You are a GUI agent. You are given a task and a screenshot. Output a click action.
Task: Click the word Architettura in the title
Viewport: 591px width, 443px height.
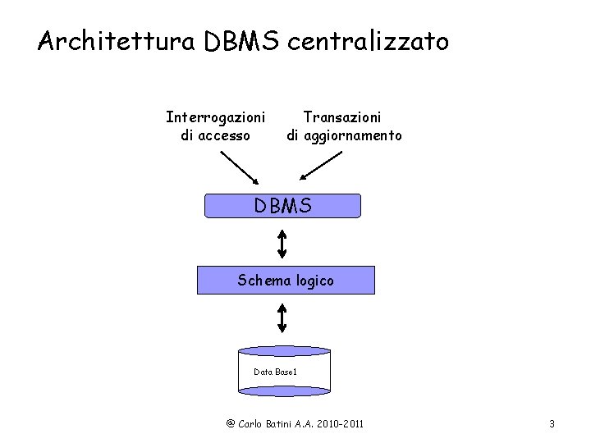[x=114, y=41]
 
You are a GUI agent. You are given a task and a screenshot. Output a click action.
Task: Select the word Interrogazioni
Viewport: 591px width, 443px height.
[x=215, y=117]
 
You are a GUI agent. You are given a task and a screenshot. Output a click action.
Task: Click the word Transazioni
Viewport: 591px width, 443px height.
[x=342, y=117]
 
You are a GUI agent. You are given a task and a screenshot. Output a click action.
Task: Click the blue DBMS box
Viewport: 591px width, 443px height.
[x=282, y=206]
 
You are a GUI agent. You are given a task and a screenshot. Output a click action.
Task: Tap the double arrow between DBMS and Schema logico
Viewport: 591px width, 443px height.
[x=282, y=243]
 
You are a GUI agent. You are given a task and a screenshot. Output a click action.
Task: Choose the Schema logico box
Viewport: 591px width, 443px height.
[x=286, y=281]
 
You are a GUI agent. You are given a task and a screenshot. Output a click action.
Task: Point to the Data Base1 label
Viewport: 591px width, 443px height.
[x=275, y=372]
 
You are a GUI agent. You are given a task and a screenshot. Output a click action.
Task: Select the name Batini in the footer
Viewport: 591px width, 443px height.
[x=286, y=423]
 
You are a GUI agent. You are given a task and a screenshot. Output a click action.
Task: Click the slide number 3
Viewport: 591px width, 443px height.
[x=552, y=423]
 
